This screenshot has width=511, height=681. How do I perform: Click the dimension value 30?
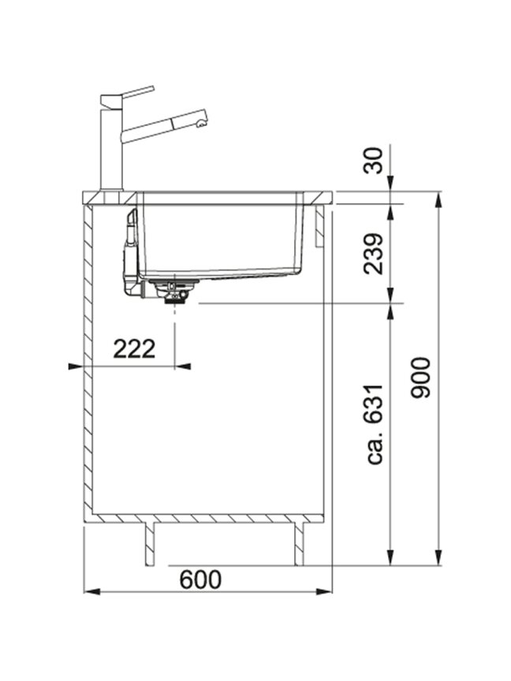pyautogui.click(x=374, y=161)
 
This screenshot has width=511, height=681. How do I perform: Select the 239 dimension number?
pyautogui.click(x=374, y=254)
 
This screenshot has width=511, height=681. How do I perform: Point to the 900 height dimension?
pyautogui.click(x=421, y=377)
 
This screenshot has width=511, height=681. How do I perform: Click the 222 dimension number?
pyautogui.click(x=134, y=348)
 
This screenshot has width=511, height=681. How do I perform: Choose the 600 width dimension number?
pyautogui.click(x=200, y=579)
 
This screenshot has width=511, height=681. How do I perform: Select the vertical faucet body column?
pyautogui.click(x=112, y=147)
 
